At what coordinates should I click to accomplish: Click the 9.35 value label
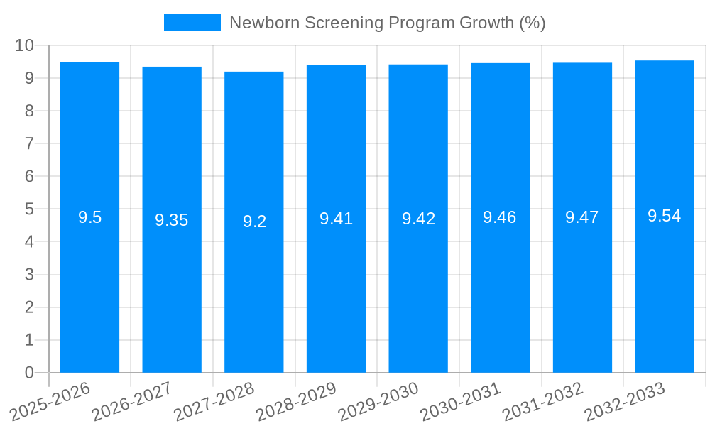(x=172, y=220)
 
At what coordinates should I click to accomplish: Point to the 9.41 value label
(x=336, y=219)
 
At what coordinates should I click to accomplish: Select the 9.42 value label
(x=418, y=219)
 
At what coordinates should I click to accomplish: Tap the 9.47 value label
(x=582, y=218)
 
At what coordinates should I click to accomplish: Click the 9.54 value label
(x=665, y=217)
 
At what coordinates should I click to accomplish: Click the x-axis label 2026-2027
(x=132, y=401)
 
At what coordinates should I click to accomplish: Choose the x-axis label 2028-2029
(x=296, y=401)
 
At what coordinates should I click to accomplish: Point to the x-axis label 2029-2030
(x=378, y=401)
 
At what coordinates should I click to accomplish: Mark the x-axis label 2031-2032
(x=542, y=401)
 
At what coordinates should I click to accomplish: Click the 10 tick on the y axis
(x=25, y=45)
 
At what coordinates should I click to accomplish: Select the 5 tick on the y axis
(x=29, y=209)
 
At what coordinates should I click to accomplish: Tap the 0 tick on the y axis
(x=29, y=373)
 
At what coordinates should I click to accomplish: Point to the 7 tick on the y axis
(x=29, y=143)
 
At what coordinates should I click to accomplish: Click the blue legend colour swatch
(x=192, y=23)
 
